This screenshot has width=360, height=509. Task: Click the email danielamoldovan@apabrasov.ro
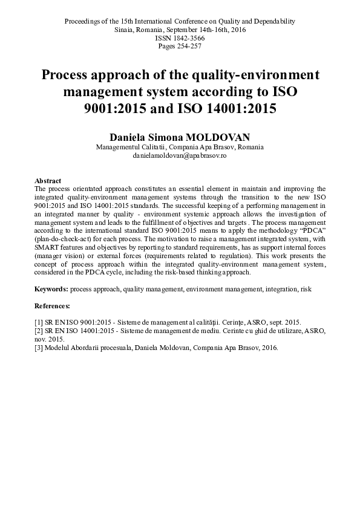click(x=180, y=155)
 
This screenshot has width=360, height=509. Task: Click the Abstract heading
click(x=47, y=181)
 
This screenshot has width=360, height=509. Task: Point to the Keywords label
click(x=51, y=290)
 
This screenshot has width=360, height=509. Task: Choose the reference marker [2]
click(x=39, y=331)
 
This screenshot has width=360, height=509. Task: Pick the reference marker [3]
click(x=39, y=348)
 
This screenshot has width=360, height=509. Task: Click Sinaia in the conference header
click(x=125, y=29)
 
